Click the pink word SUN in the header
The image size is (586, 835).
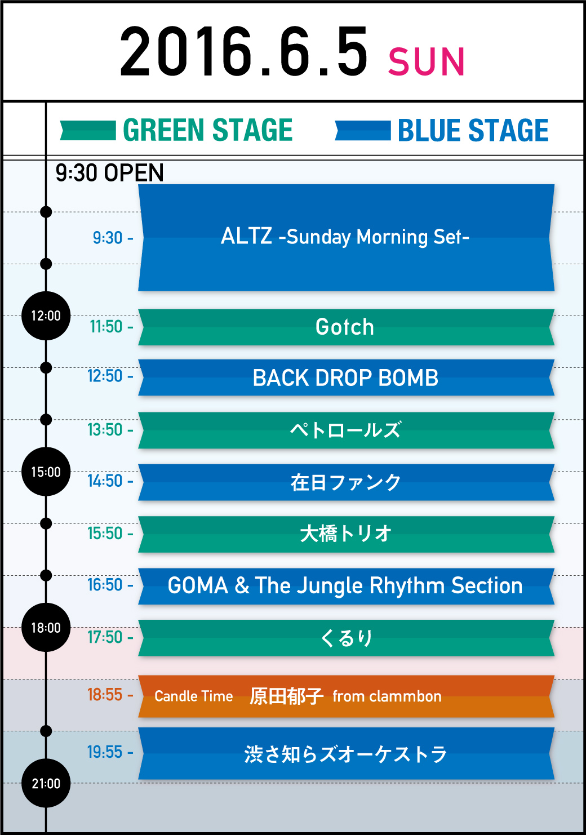pyautogui.click(x=427, y=61)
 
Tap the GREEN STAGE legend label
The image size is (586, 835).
pyautogui.click(x=207, y=130)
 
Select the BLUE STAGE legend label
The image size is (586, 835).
pyautogui.click(x=473, y=130)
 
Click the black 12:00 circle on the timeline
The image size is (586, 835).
pyautogui.click(x=46, y=316)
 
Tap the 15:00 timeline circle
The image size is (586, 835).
pyautogui.click(x=46, y=472)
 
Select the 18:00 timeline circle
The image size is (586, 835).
pyautogui.click(x=46, y=627)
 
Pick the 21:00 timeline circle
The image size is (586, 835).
pyautogui.click(x=46, y=783)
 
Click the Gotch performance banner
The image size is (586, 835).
pyautogui.click(x=346, y=327)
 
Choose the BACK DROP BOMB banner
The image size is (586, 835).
pyautogui.click(x=346, y=377)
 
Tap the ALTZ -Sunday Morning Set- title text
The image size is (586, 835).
pyautogui.click(x=345, y=237)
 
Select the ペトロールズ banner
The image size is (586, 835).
pyautogui.click(x=346, y=430)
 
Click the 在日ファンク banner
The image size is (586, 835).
pyautogui.click(x=346, y=482)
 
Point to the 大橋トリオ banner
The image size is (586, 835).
pyautogui.click(x=346, y=534)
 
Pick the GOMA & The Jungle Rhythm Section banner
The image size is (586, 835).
pyautogui.click(x=346, y=586)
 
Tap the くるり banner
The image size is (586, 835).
pyautogui.click(x=346, y=638)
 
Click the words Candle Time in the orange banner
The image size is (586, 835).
pyautogui.click(x=194, y=696)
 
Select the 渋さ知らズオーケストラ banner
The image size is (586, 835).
pyautogui.click(x=346, y=753)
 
